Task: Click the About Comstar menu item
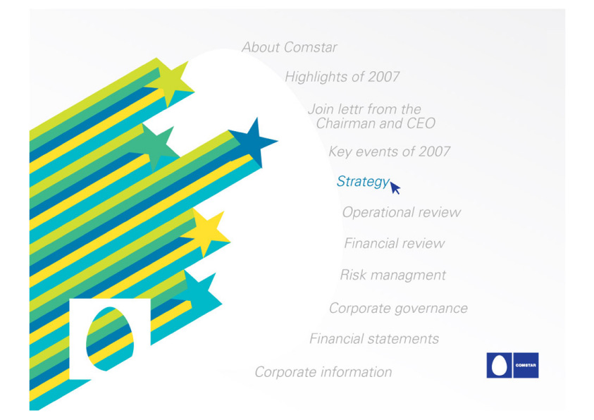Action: [x=290, y=47]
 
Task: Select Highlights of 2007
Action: [x=342, y=77]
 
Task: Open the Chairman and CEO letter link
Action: [x=371, y=116]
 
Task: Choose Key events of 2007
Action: [x=389, y=152]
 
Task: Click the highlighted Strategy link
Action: [x=363, y=181]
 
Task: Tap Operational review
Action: [x=402, y=212]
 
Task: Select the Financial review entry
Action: [x=395, y=243]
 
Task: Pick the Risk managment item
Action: [x=393, y=275]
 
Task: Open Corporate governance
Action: [x=398, y=308]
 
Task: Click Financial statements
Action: [x=374, y=338]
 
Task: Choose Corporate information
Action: [x=323, y=372]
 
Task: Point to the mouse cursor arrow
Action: [x=395, y=187]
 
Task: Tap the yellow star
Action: [x=206, y=232]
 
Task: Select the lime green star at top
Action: [x=171, y=82]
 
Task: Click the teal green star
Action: [x=154, y=147]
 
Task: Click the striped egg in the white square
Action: [x=110, y=339]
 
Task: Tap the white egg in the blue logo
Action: [x=499, y=366]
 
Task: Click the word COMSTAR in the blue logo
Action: [x=526, y=366]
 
